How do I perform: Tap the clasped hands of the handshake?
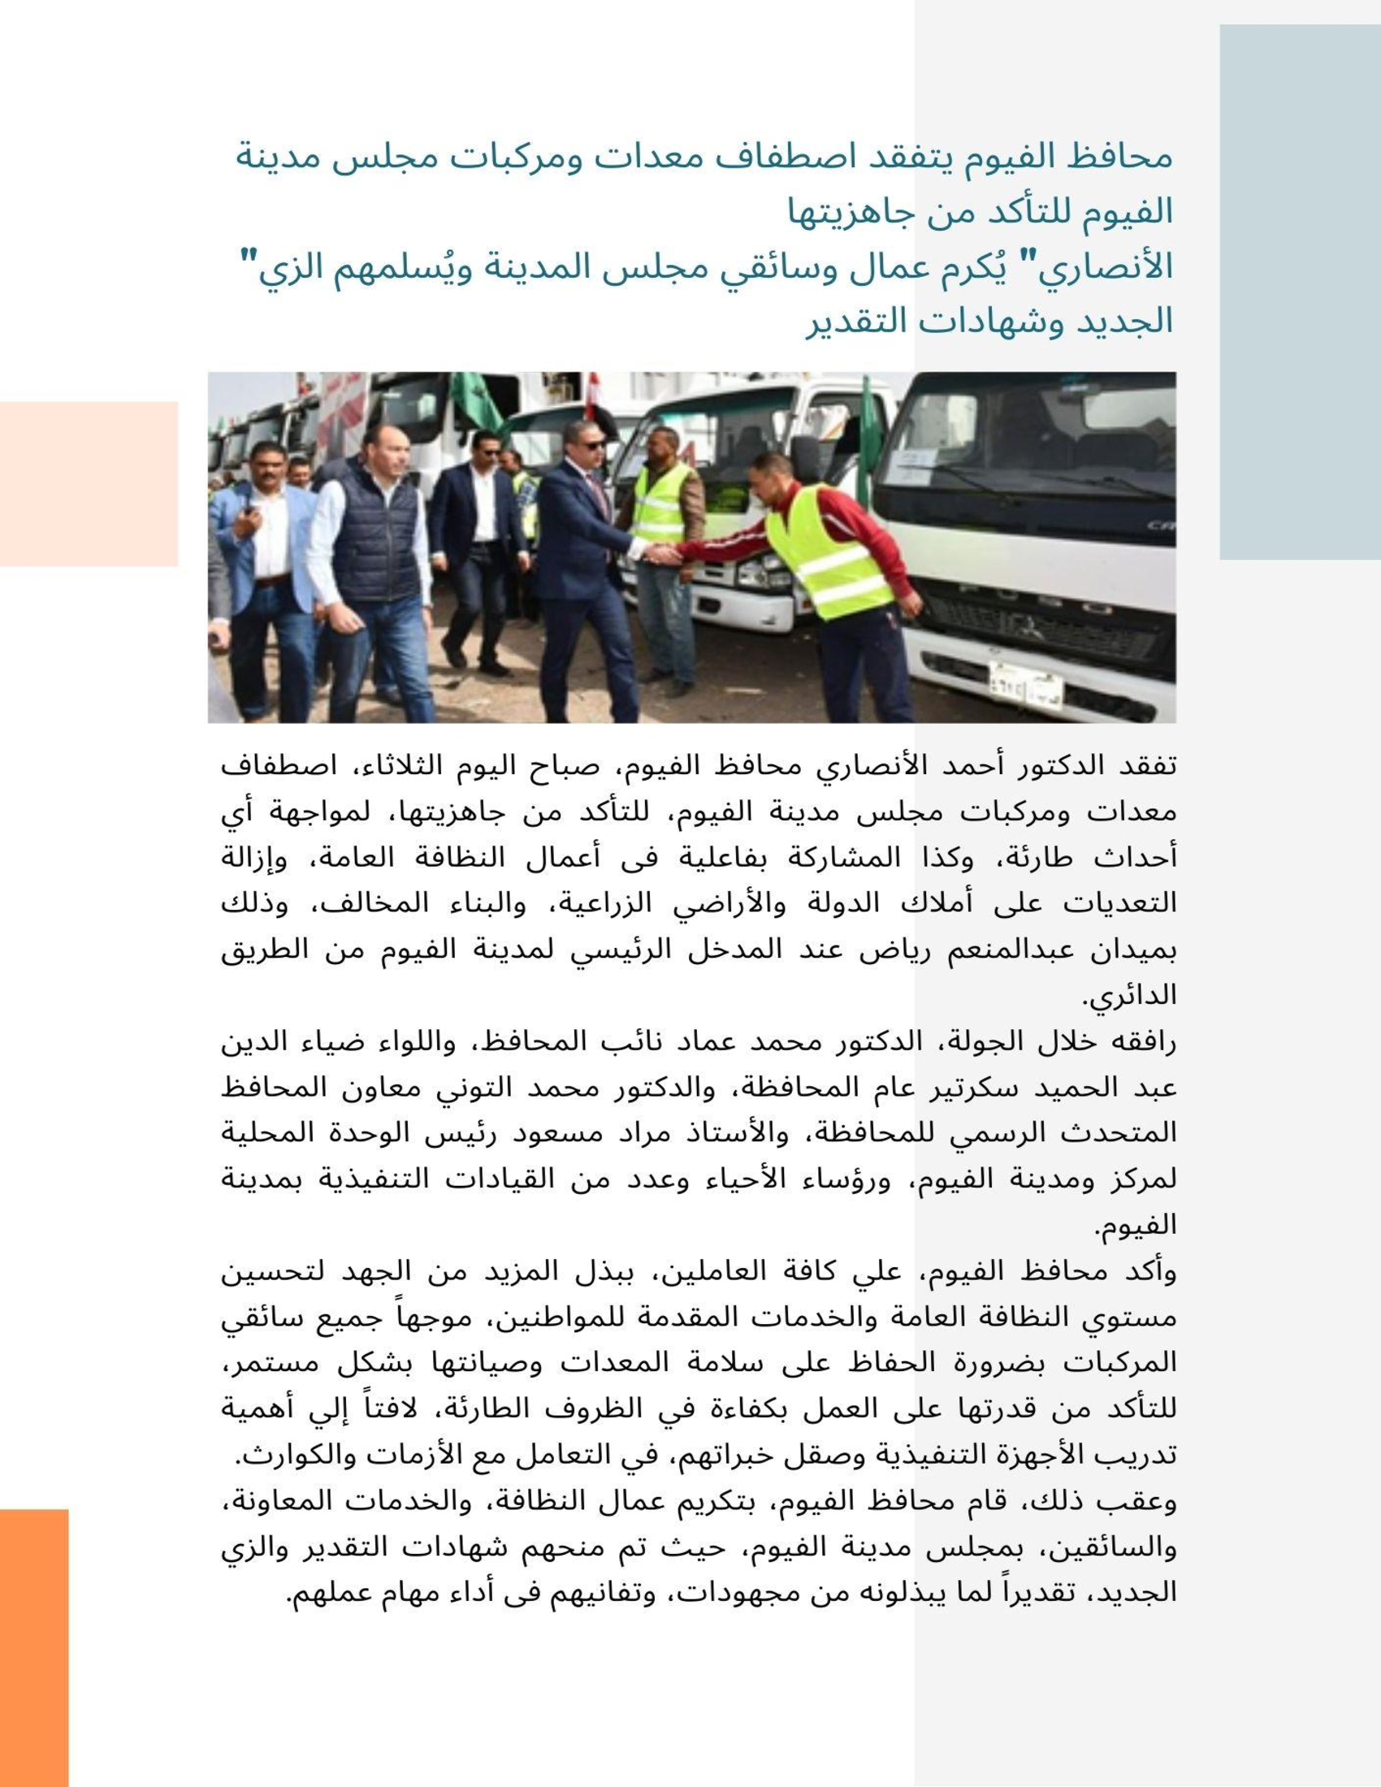click(663, 554)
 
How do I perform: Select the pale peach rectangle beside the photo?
click(89, 483)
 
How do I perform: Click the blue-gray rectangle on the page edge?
click(1299, 292)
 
